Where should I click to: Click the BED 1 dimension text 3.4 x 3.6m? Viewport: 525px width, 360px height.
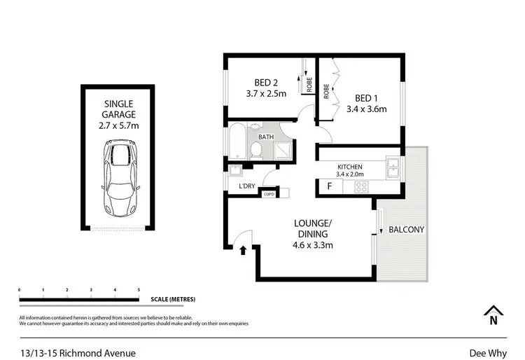[x=366, y=109]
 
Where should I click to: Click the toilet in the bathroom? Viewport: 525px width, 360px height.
[x=256, y=149]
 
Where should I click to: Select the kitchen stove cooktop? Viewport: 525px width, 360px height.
[x=362, y=186]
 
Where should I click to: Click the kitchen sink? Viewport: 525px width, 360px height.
[x=393, y=168]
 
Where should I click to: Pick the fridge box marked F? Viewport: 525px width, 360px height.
[x=330, y=187]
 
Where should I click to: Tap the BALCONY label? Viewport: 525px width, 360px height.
[x=406, y=229]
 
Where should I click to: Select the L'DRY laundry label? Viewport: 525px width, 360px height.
[x=246, y=186]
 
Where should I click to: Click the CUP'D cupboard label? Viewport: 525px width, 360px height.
[x=268, y=195]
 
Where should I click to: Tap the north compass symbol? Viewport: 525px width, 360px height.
[x=493, y=317]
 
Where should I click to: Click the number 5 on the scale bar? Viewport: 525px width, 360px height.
[x=139, y=289]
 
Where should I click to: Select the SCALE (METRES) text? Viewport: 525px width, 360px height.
[x=173, y=299]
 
